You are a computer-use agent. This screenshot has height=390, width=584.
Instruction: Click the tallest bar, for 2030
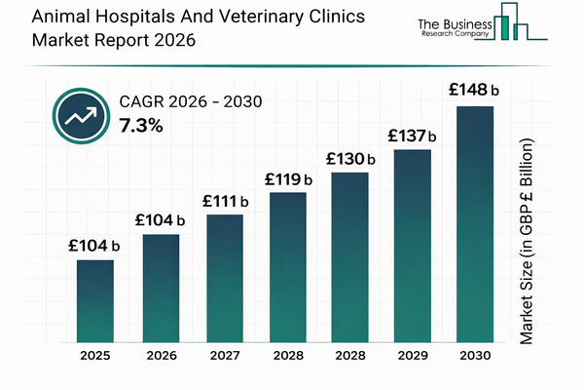[476, 223]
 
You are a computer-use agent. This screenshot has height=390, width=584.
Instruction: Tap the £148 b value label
[474, 91]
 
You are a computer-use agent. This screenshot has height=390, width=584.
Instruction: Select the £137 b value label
[413, 136]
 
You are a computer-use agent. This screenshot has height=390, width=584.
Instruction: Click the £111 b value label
[225, 201]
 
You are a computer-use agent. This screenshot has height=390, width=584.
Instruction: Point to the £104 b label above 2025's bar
[94, 246]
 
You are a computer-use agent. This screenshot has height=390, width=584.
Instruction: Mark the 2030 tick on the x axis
[476, 358]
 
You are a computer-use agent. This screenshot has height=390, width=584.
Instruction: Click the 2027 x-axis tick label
[225, 358]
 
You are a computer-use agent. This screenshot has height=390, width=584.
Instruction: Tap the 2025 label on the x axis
[95, 358]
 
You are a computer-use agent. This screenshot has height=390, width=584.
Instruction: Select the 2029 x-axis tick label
[413, 358]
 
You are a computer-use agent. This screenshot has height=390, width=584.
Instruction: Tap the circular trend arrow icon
[77, 115]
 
